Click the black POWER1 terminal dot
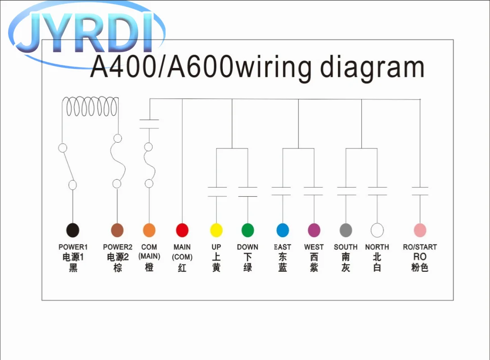73,230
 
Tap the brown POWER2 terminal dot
117,230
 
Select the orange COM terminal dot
149,230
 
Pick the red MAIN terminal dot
182,230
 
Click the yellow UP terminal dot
216,230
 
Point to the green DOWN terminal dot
248,230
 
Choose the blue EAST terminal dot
283,230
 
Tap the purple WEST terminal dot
314,230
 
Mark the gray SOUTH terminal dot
346,230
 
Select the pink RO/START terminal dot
420,230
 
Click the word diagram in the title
372,68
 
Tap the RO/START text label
420,247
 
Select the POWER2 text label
117,247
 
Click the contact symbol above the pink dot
420,191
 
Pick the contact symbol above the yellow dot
217,192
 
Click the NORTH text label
377,247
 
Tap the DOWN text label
248,247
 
